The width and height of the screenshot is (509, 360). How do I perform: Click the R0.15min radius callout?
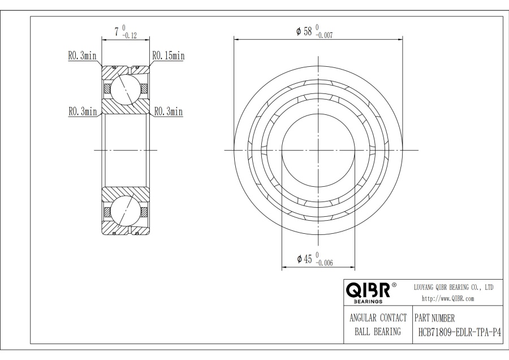[169, 56]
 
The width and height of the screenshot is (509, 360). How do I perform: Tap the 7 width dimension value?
[117, 32]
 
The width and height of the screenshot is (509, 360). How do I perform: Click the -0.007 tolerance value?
[324, 36]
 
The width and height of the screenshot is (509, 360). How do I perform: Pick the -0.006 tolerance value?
[324, 263]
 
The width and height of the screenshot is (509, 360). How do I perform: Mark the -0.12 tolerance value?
[130, 36]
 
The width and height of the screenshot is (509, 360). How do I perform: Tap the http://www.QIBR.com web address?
[448, 299]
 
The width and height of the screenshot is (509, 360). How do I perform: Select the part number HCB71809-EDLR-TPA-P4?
[459, 332]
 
